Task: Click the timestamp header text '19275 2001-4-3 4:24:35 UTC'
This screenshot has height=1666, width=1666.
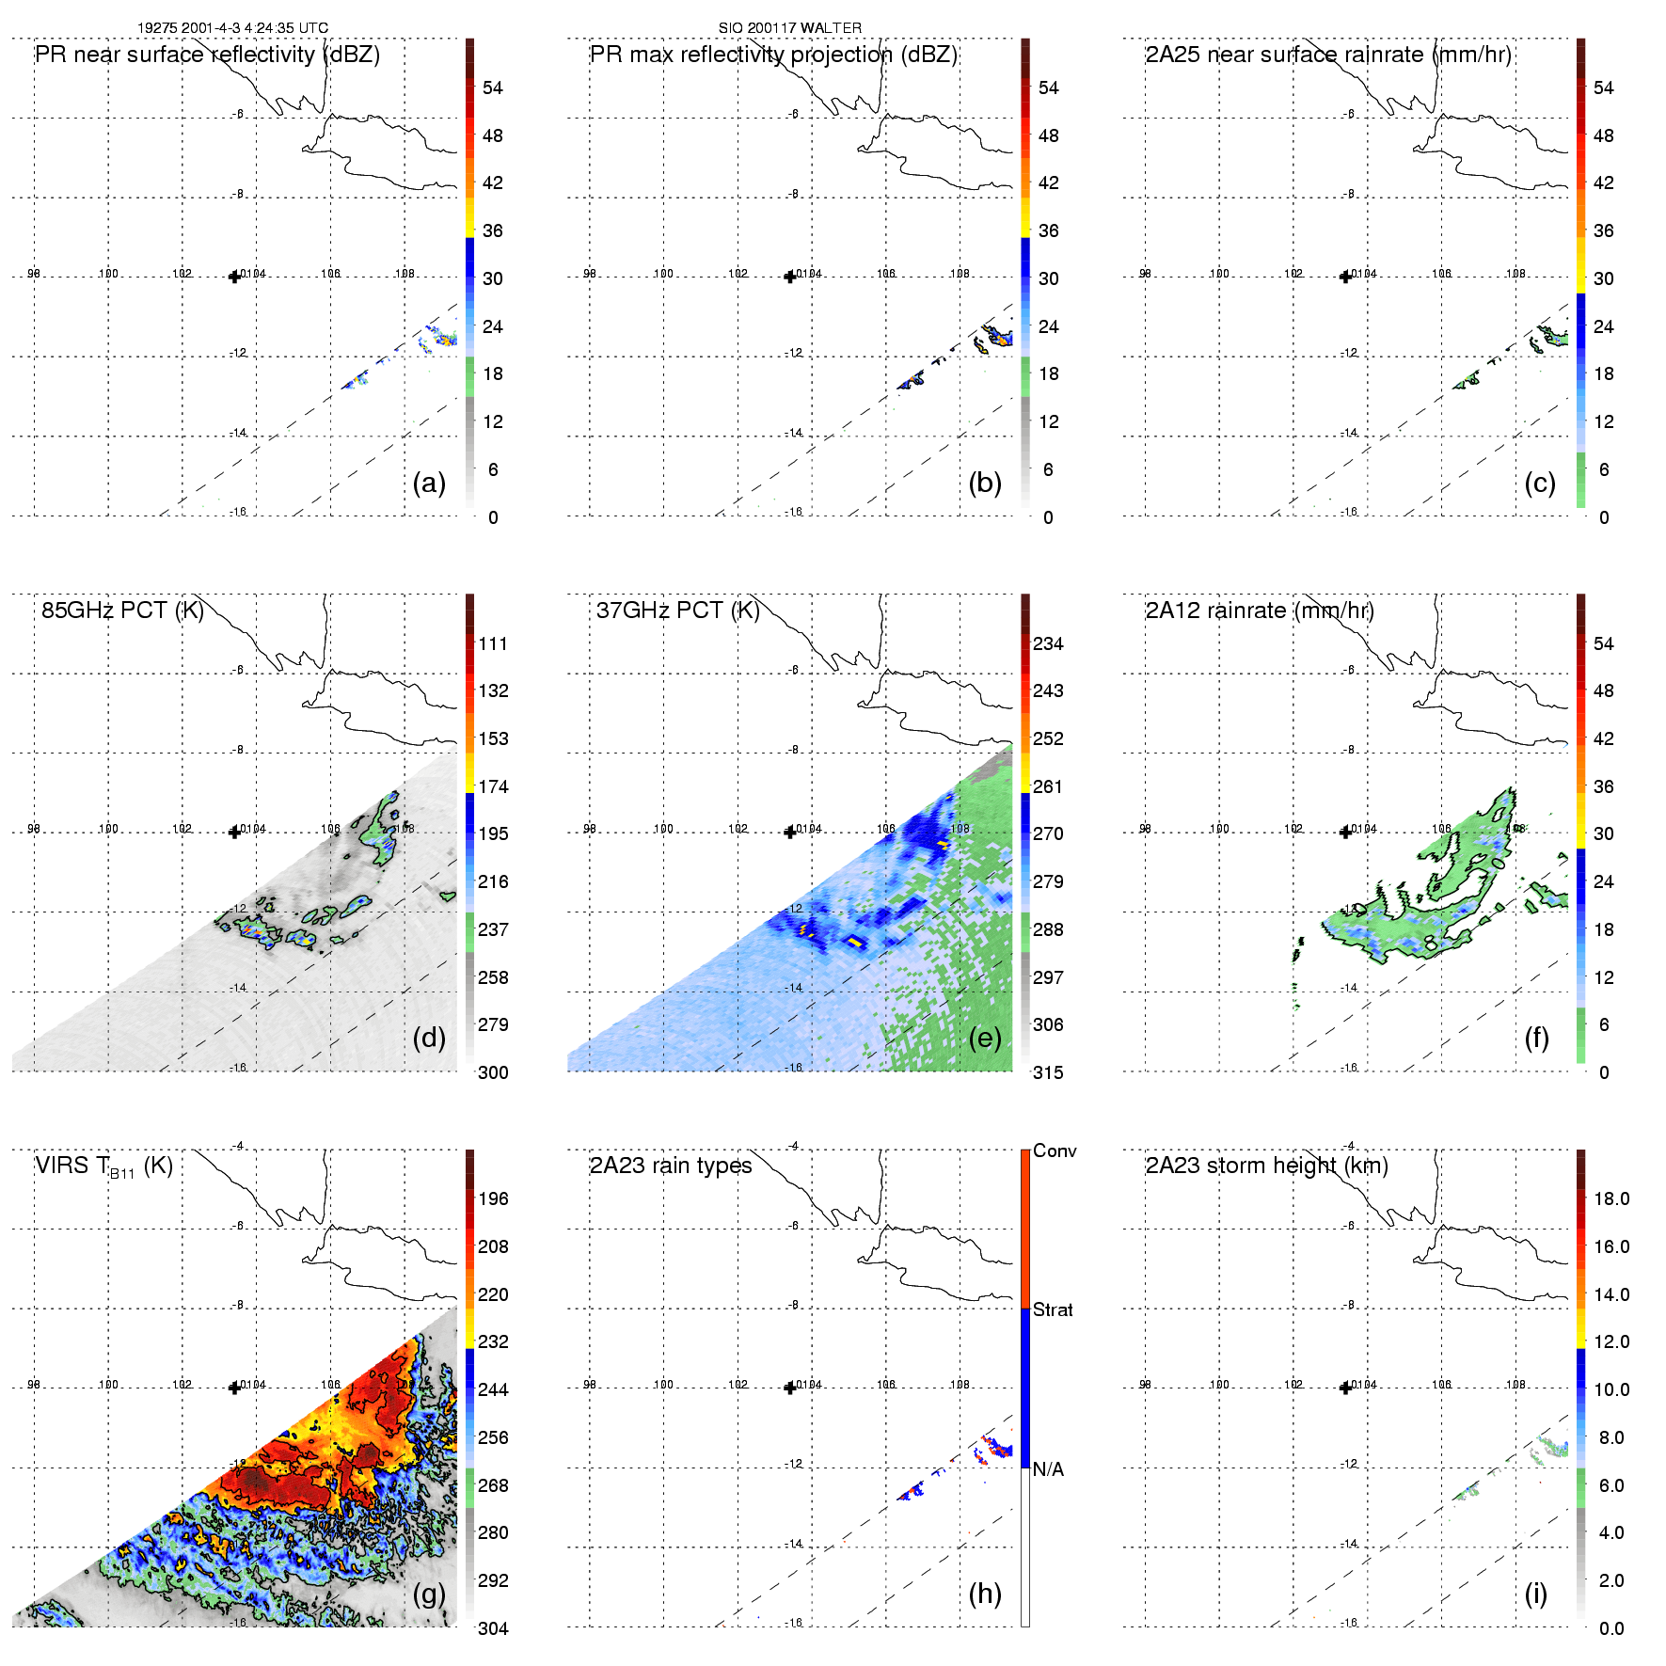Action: point(232,28)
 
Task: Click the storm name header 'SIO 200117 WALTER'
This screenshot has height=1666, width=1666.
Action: point(789,28)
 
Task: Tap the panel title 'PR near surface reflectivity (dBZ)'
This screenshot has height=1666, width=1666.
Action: point(207,55)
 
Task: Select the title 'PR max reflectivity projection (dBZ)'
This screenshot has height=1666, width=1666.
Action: point(773,55)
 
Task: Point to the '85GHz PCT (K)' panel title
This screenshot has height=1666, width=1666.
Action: point(122,611)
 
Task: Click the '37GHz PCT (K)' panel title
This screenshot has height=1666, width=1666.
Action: point(677,611)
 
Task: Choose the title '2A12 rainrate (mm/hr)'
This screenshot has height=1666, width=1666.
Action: point(1260,611)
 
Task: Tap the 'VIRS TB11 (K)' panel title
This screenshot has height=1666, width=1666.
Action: point(103,1166)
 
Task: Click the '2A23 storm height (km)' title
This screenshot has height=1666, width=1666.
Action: point(1266,1166)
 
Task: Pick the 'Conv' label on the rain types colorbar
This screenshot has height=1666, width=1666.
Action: point(1055,1151)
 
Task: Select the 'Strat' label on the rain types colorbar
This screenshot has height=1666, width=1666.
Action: point(1053,1310)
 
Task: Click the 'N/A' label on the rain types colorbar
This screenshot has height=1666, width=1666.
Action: point(1048,1469)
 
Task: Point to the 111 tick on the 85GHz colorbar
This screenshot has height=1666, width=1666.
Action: point(493,644)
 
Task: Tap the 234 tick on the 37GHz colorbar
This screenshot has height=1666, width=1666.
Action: point(1048,644)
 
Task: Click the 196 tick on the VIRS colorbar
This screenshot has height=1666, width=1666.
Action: point(493,1199)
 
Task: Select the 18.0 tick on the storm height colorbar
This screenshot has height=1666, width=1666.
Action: point(1611,1199)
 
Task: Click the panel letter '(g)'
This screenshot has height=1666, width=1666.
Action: point(429,1594)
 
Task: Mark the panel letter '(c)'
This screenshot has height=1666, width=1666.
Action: point(1540,484)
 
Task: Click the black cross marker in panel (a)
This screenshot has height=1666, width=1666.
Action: point(234,277)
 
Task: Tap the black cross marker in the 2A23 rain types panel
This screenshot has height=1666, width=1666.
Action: point(790,1388)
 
